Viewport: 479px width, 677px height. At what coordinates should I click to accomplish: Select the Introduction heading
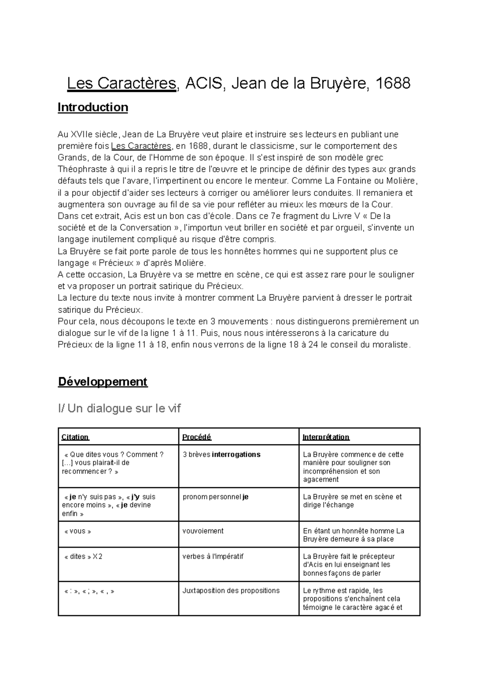93,108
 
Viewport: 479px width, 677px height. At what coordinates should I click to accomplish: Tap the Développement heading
103,382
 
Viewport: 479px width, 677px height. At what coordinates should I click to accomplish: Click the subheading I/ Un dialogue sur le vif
119,408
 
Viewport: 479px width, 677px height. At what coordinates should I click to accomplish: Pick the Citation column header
75,437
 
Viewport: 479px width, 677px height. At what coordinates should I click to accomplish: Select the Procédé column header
196,437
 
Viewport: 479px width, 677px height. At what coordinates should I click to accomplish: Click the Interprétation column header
326,437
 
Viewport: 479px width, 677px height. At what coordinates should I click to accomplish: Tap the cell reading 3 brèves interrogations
222,454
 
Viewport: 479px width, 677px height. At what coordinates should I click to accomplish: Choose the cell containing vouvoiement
203,531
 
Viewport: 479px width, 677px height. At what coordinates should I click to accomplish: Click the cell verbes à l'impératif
213,556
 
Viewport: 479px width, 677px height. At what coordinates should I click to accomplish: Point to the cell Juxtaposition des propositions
231,590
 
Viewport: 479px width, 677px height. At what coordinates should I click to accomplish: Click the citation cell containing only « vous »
77,531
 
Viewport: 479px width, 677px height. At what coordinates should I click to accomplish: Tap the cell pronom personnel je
216,497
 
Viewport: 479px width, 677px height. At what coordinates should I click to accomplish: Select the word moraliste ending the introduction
390,344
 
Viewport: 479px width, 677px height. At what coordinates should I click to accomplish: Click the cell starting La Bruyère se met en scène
352,501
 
